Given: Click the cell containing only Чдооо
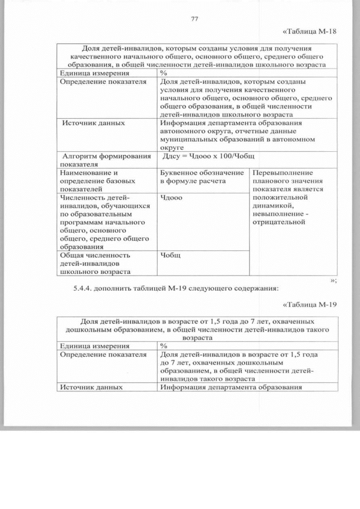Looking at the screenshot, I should tap(171, 197).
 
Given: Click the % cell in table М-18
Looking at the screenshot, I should tap(164, 73).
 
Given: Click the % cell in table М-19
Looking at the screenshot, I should tap(164, 346).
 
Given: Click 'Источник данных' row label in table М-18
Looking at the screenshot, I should tap(93, 123).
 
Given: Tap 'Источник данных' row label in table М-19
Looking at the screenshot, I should tap(91, 387).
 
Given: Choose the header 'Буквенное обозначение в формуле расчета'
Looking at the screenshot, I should tap(201, 177).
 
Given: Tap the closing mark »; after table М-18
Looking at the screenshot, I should tap(334, 280).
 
